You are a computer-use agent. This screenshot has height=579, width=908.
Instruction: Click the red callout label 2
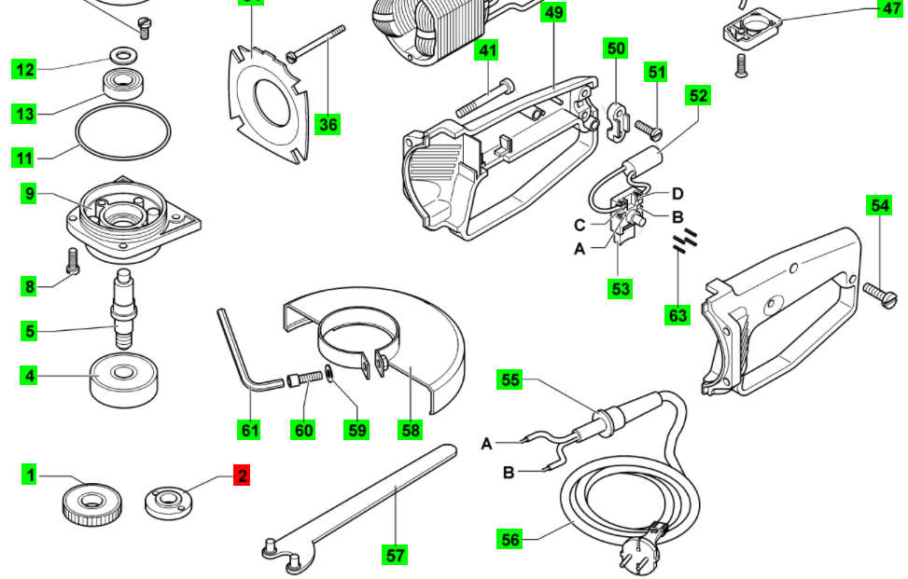(242, 476)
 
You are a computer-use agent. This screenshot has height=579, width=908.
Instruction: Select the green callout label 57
(396, 555)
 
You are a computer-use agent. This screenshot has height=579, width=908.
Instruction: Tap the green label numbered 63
(678, 315)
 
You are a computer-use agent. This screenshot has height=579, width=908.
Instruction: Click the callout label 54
(879, 206)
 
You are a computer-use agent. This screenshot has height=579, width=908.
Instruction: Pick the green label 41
(487, 50)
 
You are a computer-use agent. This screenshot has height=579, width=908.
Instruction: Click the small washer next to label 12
(121, 52)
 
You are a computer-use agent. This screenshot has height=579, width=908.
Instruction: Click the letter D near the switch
(678, 194)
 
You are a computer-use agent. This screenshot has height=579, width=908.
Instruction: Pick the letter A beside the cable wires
(486, 443)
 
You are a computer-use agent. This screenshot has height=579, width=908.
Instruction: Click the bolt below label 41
(485, 97)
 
